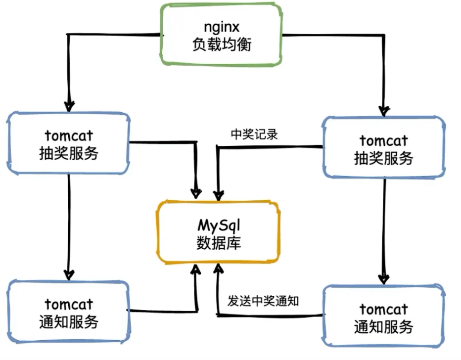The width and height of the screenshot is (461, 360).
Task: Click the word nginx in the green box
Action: click(x=221, y=26)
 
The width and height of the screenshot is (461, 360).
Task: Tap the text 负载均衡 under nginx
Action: click(x=221, y=45)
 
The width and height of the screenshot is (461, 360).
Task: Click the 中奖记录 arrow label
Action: click(x=255, y=134)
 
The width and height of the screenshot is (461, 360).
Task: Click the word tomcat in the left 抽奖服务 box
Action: click(x=68, y=135)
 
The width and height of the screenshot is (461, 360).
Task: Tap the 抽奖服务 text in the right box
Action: click(x=384, y=158)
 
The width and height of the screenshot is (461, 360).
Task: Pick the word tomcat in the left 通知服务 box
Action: click(x=68, y=303)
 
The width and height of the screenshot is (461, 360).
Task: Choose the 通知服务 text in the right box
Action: click(x=384, y=326)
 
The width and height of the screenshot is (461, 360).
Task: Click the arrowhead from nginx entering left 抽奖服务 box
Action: click(x=70, y=105)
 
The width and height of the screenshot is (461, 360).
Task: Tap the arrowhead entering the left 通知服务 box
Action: click(x=70, y=273)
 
